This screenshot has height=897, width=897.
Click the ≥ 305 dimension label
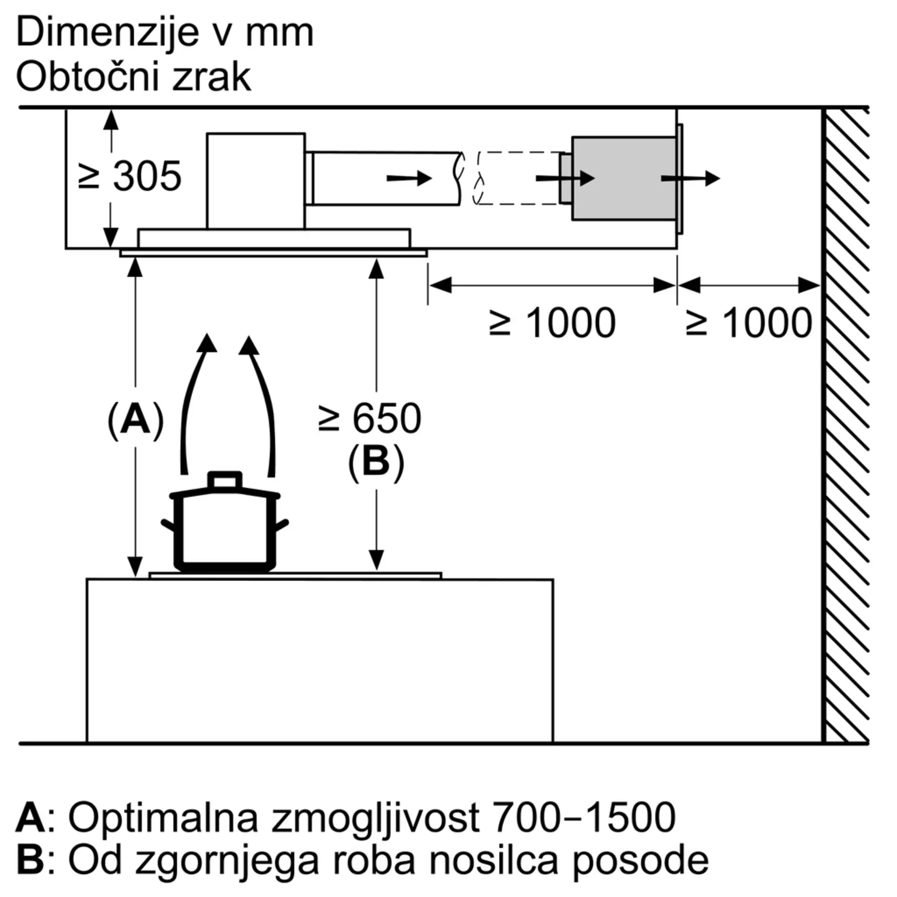point(130,176)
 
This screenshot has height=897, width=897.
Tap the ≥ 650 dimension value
point(370,419)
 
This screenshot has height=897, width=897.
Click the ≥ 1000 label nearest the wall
point(749,323)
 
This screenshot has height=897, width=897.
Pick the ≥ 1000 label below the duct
point(553,323)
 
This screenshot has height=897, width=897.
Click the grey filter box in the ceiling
point(623,179)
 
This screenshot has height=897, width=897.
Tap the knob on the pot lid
point(225,481)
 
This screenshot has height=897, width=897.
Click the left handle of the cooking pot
point(168,527)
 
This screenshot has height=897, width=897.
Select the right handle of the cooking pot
point(281,527)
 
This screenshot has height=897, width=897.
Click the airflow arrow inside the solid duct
point(409,179)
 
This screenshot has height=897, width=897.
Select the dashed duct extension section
point(518,179)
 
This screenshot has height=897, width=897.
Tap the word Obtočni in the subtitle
point(87,77)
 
